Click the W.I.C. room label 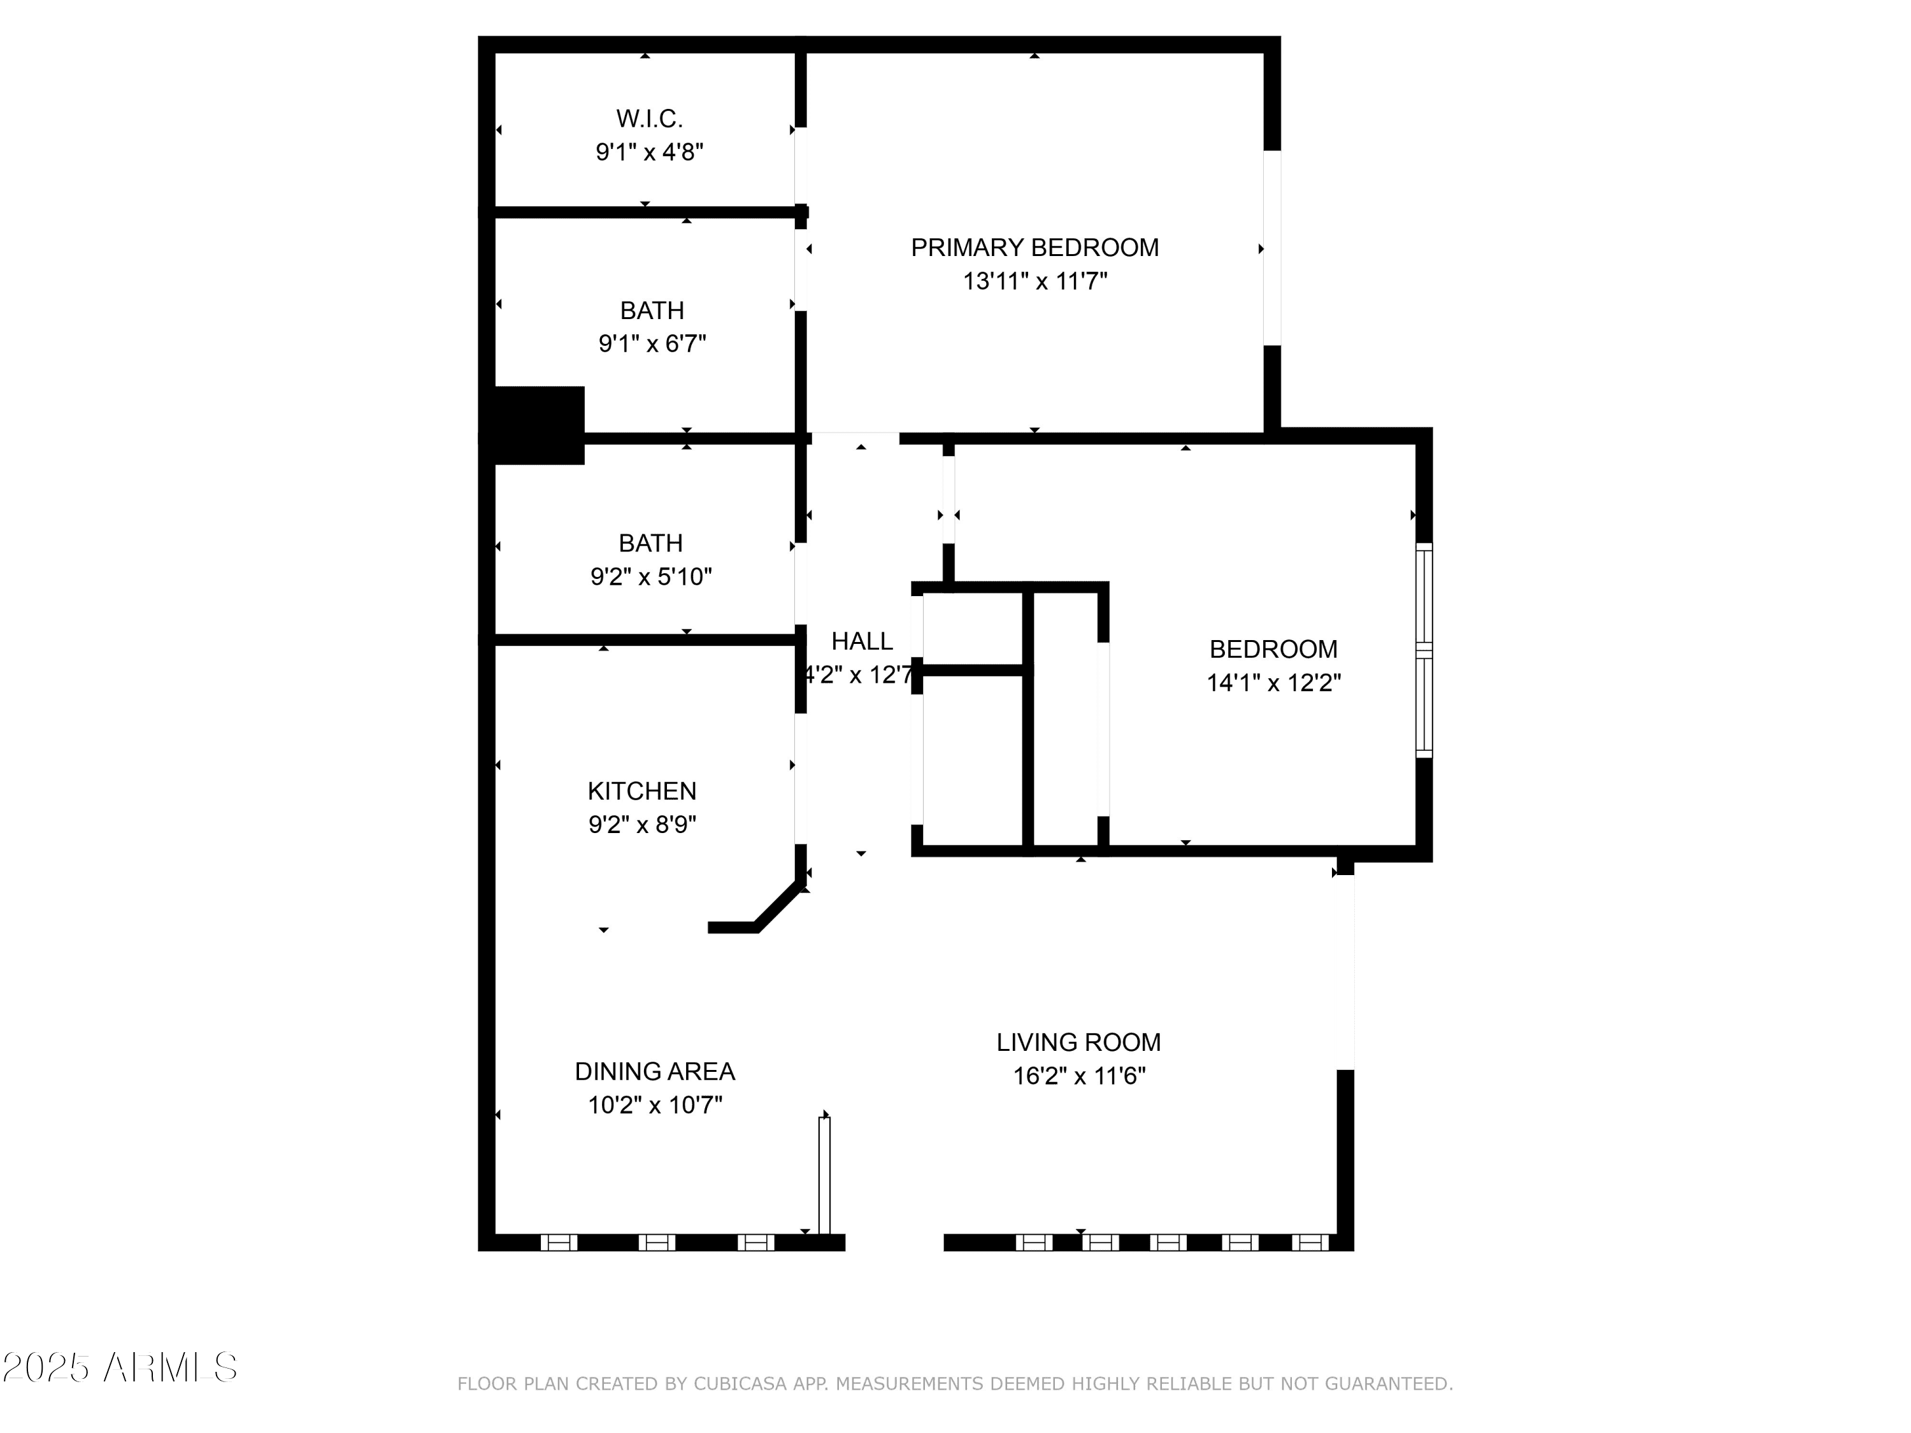coord(649,118)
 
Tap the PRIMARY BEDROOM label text coord(1035,248)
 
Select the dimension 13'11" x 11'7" coord(1035,282)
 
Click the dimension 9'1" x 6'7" coord(652,344)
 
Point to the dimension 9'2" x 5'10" coord(652,576)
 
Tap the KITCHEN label coord(642,791)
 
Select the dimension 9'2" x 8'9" coord(643,825)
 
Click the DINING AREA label coord(655,1072)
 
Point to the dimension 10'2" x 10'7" coord(655,1106)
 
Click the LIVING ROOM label coord(1079,1043)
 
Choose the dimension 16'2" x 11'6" coord(1079,1076)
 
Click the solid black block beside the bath coord(532,425)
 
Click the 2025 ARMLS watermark coord(119,1368)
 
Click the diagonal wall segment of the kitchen coord(778,904)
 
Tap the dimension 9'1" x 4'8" coord(650,153)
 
